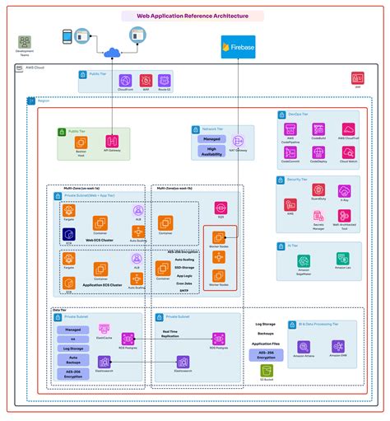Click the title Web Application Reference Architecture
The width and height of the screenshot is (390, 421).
click(x=194, y=16)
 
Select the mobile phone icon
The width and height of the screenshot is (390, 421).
click(x=68, y=36)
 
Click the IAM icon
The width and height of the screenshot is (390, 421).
click(x=357, y=79)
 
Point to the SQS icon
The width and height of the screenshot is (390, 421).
click(x=221, y=208)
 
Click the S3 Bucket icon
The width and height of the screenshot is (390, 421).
click(x=267, y=371)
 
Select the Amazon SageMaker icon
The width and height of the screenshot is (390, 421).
click(x=304, y=261)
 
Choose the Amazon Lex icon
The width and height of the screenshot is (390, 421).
click(x=341, y=259)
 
